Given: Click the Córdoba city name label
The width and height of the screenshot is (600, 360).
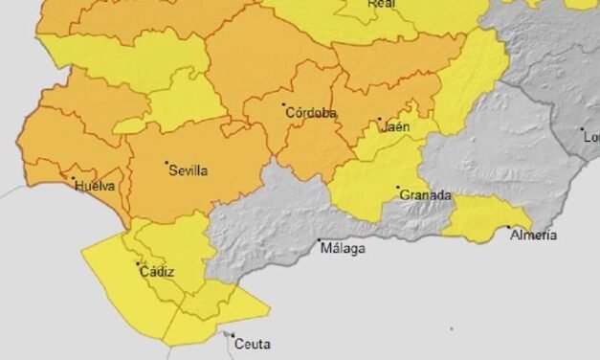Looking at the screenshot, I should tap(312, 113).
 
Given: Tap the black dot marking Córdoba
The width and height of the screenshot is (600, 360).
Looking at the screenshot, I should tap(284, 104).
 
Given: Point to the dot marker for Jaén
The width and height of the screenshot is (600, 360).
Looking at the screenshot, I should tap(379, 120).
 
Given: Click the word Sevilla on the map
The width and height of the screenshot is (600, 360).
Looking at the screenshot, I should tap(188, 170).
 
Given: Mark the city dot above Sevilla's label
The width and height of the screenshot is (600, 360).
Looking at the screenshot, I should tap(167, 163).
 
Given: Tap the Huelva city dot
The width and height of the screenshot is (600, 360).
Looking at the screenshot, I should tap(73, 177).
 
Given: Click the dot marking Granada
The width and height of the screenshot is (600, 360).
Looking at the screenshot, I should tap(399, 188).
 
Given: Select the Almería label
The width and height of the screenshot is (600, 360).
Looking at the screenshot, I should tap(533, 235).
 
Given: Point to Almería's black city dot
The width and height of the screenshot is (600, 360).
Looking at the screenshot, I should tap(508, 228).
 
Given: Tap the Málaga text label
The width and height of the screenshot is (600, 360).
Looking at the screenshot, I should tap(343, 249).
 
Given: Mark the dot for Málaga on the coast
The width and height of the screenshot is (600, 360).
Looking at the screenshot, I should tap(320, 241).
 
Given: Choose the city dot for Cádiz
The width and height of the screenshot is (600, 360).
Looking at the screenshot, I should tap(138, 264).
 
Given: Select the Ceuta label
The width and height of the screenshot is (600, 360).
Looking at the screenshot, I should tap(252, 344).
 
